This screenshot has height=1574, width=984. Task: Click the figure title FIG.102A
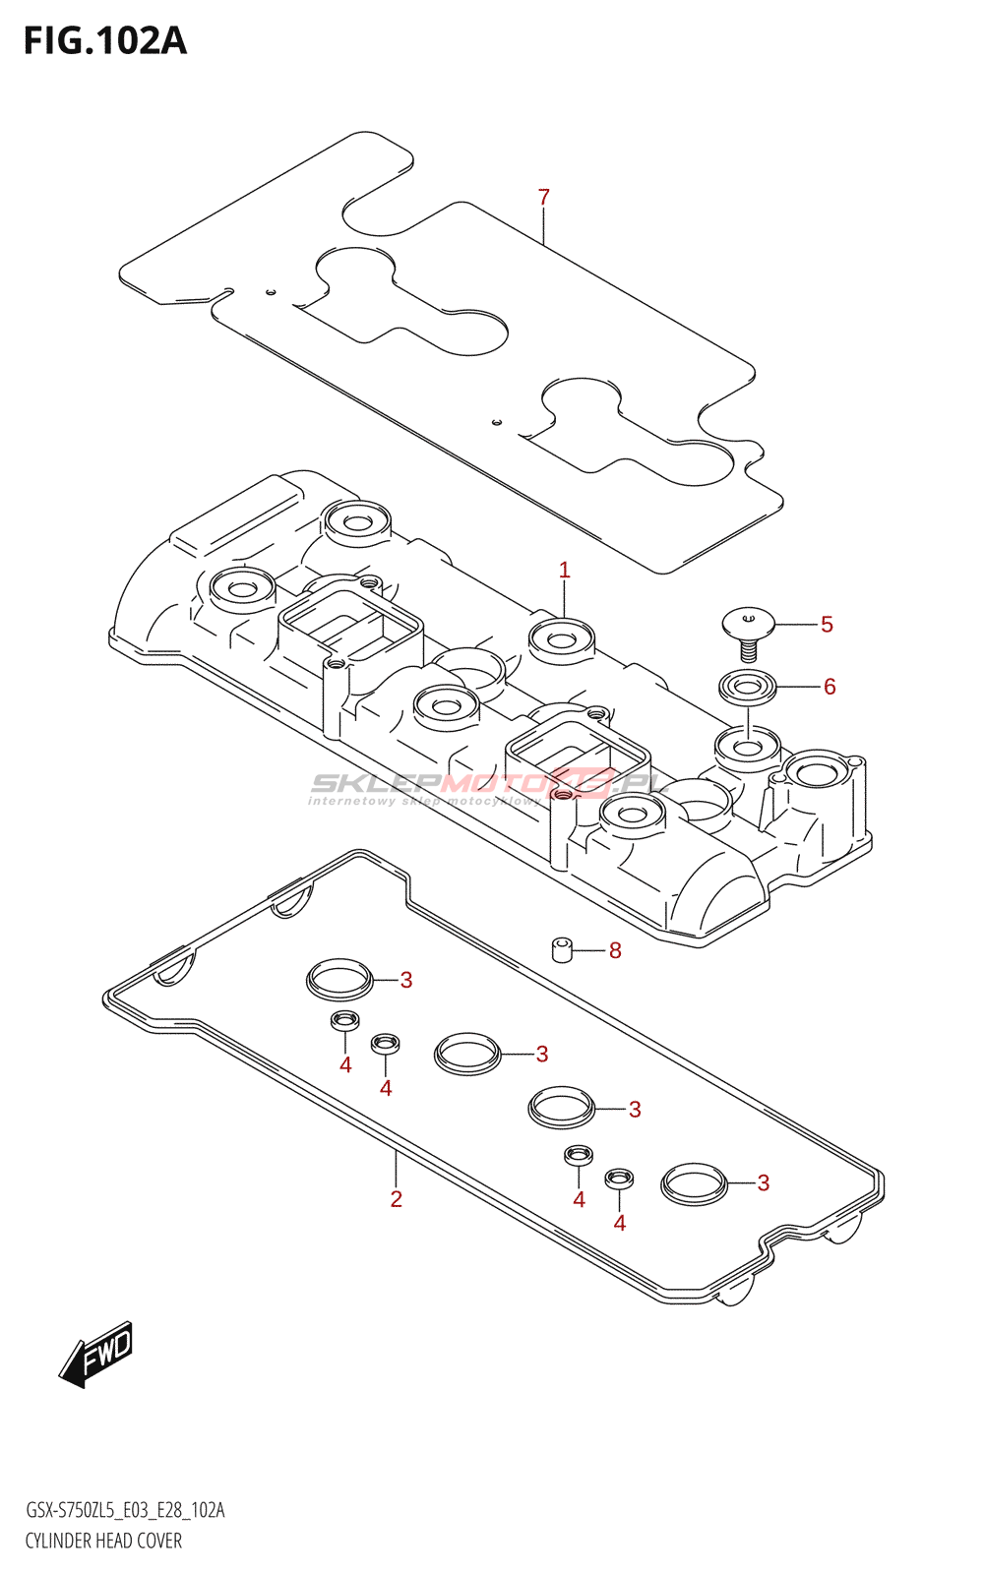click(x=105, y=41)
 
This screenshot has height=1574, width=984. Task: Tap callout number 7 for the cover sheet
click(x=544, y=198)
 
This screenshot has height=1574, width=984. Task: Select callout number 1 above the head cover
click(x=564, y=571)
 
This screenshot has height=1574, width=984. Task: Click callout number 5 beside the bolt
click(x=827, y=625)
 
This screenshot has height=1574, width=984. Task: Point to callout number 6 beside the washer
click(x=830, y=687)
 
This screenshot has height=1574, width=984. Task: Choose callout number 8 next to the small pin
click(x=615, y=950)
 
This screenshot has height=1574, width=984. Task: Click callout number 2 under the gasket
click(x=396, y=1199)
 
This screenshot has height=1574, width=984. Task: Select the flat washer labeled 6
click(x=748, y=686)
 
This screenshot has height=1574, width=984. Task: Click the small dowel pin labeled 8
click(x=562, y=950)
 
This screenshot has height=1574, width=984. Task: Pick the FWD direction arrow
click(x=96, y=1354)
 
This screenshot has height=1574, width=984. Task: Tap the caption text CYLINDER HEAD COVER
click(x=103, y=1541)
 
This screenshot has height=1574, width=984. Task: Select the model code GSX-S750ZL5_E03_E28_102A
click(x=125, y=1510)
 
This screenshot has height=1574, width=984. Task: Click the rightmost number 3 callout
click(x=764, y=1183)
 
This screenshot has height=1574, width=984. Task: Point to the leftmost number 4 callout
click(x=345, y=1065)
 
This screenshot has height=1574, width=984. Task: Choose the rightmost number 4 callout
click(x=619, y=1223)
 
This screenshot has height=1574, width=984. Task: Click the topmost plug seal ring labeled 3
click(x=339, y=978)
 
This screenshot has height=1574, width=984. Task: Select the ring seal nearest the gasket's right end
click(x=695, y=1182)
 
